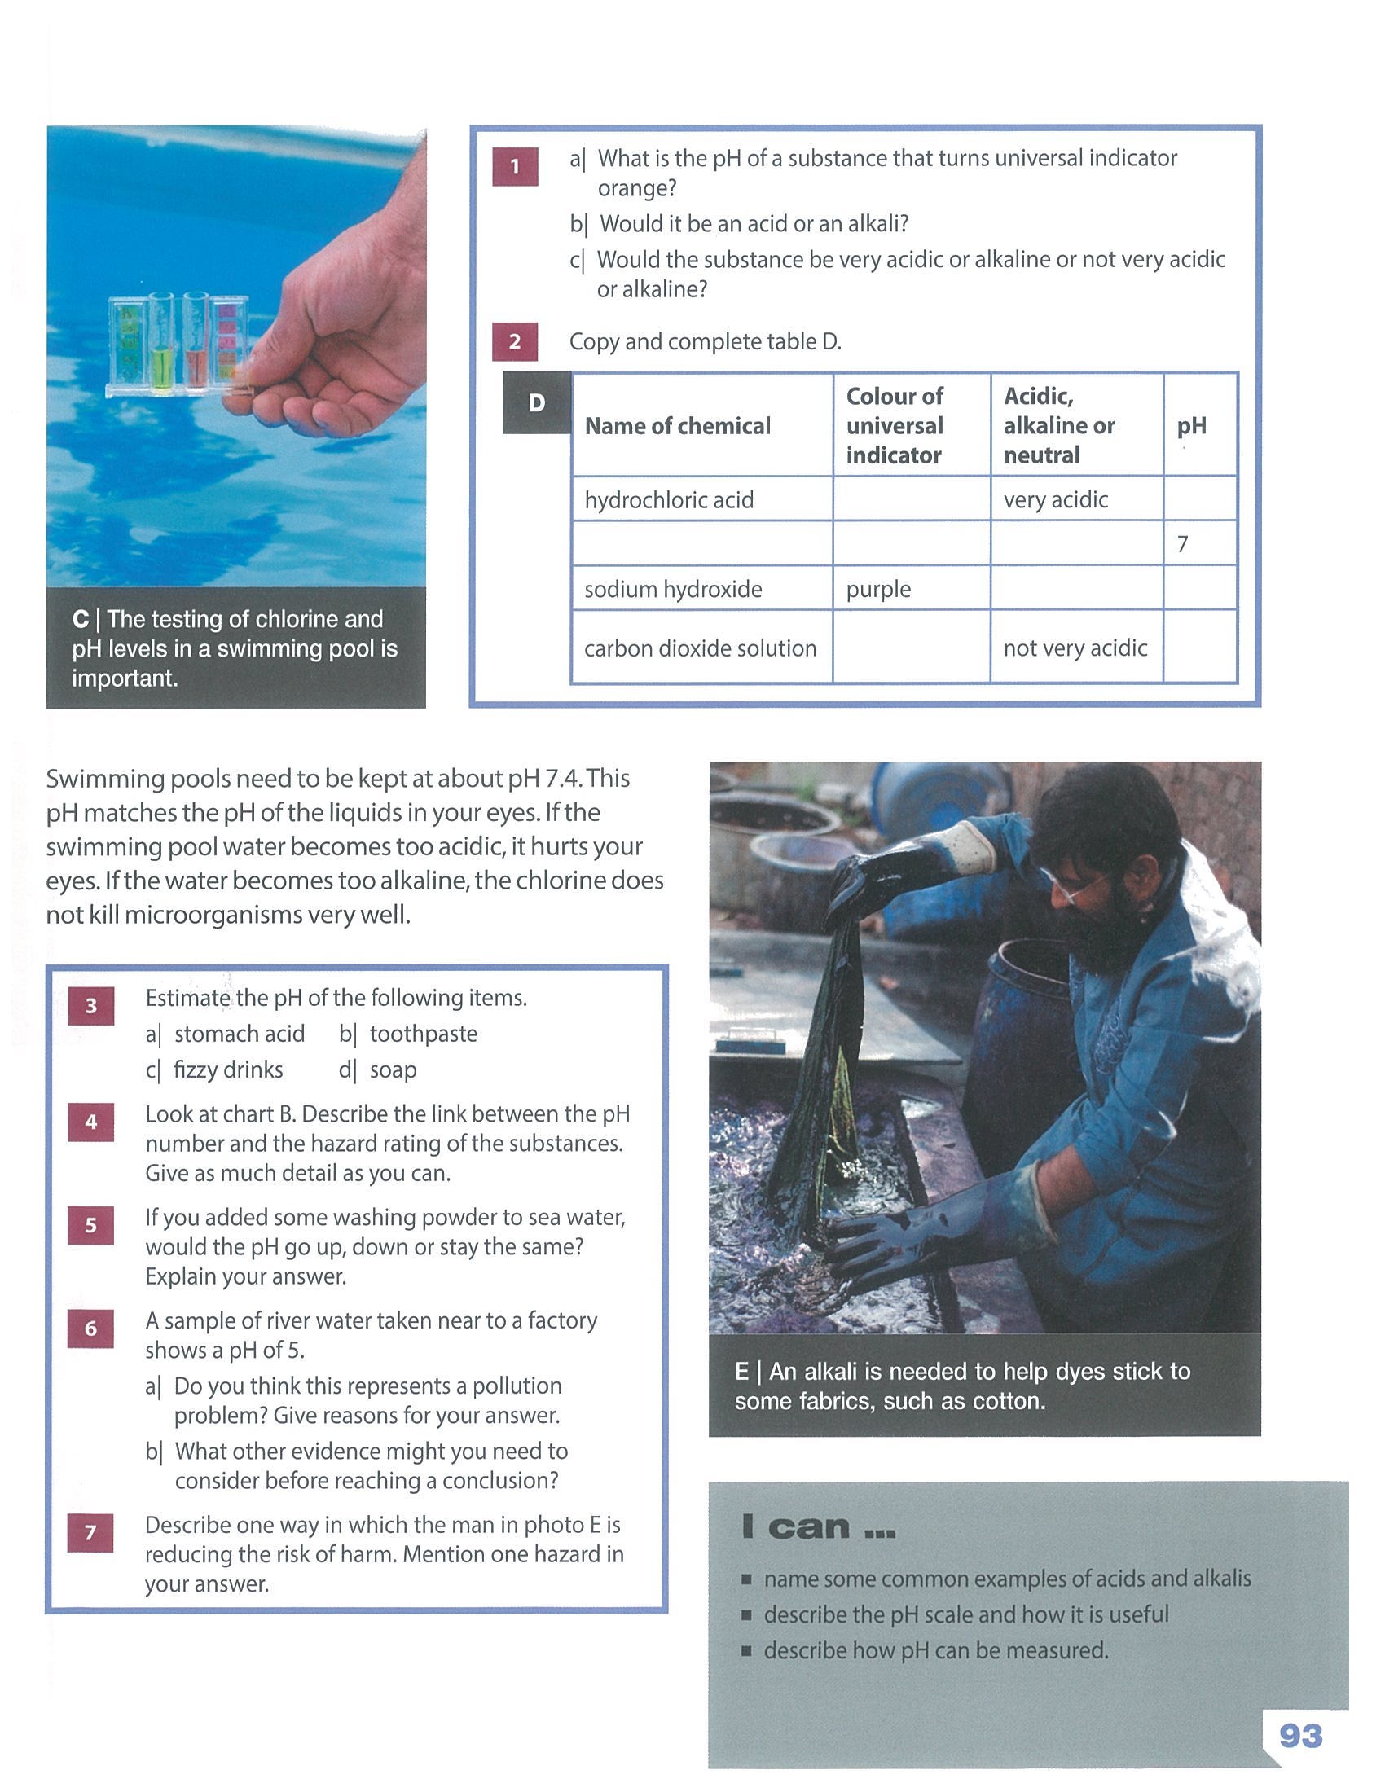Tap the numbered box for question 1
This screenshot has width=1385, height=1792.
(515, 166)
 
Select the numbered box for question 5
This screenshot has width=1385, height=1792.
(91, 1225)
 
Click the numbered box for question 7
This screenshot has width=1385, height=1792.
(91, 1532)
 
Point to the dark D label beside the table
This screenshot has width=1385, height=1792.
(537, 402)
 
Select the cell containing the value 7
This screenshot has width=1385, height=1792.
(1199, 543)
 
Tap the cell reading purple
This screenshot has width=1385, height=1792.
(912, 588)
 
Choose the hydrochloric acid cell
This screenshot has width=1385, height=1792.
(702, 499)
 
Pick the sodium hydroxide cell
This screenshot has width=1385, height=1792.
(702, 588)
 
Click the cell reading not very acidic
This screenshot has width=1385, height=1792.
(1076, 647)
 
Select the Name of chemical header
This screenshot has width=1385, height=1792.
(678, 425)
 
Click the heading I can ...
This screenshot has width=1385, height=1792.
(818, 1527)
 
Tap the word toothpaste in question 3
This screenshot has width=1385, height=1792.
(424, 1033)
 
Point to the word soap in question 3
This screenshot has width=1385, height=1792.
(393, 1070)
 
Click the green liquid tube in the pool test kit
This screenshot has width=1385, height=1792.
(161, 345)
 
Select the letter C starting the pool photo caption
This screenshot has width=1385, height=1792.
(81, 620)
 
